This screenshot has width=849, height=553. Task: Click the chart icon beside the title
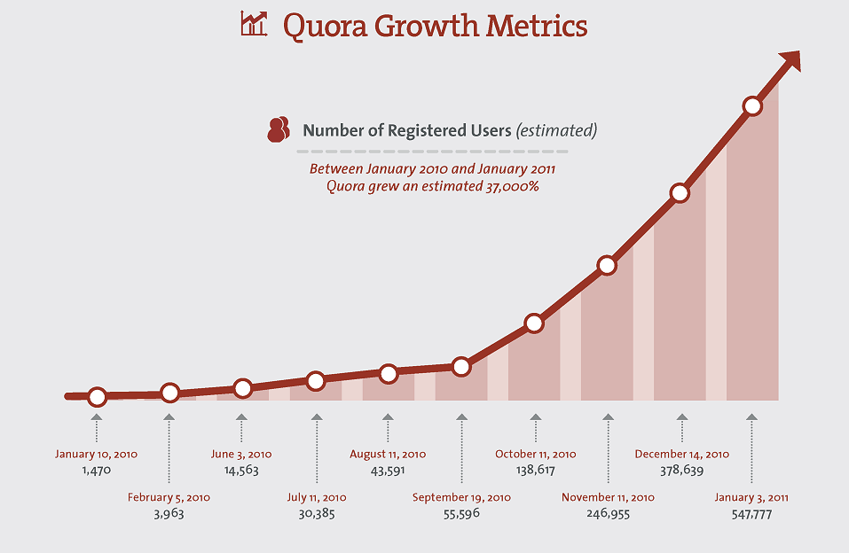point(254,24)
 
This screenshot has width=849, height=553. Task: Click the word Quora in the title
point(324,26)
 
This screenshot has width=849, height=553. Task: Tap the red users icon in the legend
point(279,129)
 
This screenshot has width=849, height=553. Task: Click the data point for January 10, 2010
point(98,397)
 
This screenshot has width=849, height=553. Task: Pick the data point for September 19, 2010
point(460,366)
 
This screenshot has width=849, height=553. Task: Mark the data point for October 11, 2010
point(534,323)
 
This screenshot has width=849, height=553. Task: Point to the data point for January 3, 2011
point(752,106)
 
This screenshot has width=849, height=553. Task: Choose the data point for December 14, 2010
point(680,193)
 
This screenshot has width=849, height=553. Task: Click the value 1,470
point(96,471)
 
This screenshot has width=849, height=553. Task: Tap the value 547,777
point(751,513)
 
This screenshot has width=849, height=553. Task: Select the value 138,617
point(535,471)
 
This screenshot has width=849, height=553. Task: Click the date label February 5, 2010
point(169,497)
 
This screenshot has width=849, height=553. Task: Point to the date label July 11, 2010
point(316,497)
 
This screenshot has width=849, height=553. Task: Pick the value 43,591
point(388,471)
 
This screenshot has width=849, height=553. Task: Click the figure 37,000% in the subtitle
point(507,187)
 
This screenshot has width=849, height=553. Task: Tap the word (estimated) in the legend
point(556,130)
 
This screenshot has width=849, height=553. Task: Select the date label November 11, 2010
point(608,497)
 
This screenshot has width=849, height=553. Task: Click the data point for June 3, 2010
point(243,388)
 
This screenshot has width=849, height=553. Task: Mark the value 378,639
point(681,471)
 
